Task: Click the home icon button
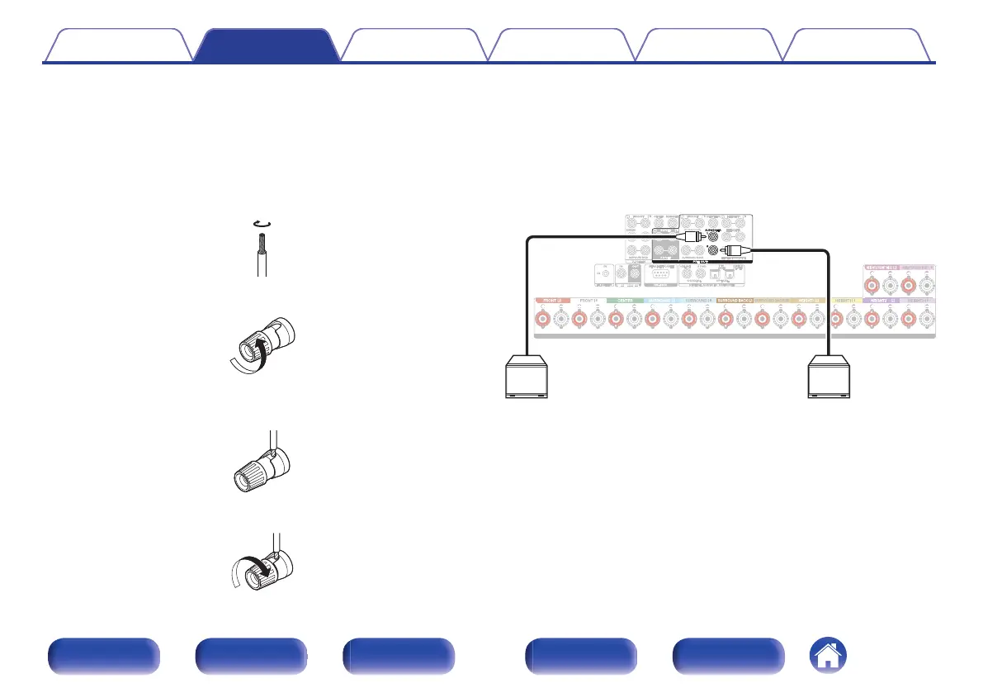click(828, 657)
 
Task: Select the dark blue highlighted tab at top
click(267, 46)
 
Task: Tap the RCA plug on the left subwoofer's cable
click(688, 235)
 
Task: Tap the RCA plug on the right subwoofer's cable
click(734, 250)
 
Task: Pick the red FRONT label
click(549, 301)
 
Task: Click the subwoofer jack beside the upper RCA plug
click(711, 235)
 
